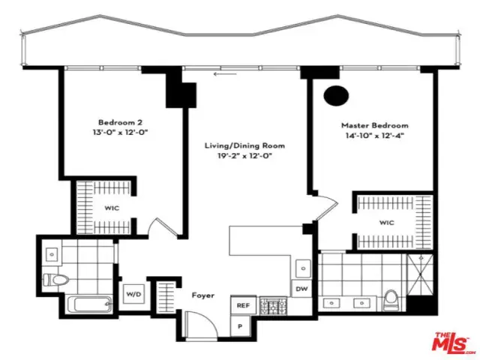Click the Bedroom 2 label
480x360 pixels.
click(120, 122)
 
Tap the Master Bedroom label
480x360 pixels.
click(375, 125)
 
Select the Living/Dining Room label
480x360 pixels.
click(244, 145)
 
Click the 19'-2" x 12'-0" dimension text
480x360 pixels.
click(244, 156)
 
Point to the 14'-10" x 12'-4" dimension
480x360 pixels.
click(375, 135)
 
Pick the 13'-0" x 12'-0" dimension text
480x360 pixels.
click(120, 133)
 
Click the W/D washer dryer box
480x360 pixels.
click(134, 294)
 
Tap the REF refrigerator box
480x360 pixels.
click(243, 305)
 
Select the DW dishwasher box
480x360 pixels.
click(301, 289)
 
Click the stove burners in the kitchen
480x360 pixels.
click(273, 306)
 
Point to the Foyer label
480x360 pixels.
click(203, 295)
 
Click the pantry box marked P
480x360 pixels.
click(240, 326)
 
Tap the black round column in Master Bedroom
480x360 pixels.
click(336, 96)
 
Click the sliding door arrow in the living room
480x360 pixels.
click(225, 73)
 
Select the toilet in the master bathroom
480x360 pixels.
click(391, 300)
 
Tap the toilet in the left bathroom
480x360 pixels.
click(55, 280)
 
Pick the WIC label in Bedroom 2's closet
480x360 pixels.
click(112, 208)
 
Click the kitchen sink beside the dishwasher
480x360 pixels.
click(303, 268)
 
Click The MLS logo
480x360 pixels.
click(451, 342)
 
